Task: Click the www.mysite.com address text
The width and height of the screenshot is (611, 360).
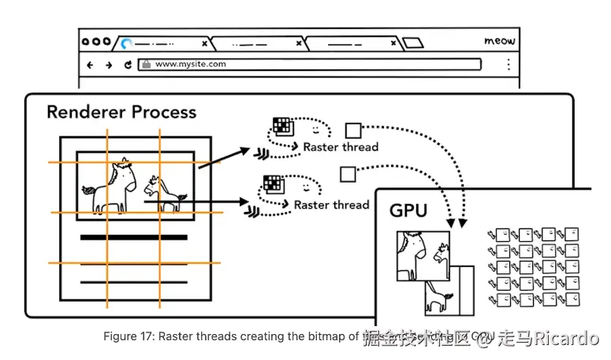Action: (190, 65)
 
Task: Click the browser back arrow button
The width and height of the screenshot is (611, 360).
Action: (90, 65)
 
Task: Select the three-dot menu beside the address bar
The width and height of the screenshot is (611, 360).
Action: (509, 65)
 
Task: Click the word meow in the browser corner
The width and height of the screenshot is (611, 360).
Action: (500, 40)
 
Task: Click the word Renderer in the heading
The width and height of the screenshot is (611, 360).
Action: (84, 112)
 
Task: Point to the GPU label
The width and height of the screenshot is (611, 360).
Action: (408, 210)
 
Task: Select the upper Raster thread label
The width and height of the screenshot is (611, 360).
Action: (341, 147)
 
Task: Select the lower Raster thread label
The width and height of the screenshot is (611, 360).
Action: (331, 205)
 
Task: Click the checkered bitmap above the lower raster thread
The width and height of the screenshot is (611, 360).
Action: (272, 184)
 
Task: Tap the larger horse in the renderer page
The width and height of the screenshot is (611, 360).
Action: (110, 187)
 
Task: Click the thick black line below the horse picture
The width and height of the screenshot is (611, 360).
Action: (133, 237)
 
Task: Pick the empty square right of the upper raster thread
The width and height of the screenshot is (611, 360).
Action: (354, 129)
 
